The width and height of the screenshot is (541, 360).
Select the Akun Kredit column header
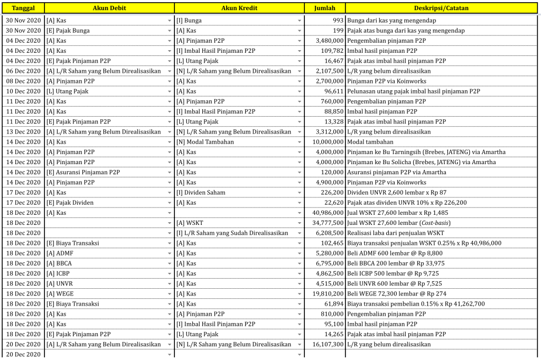click(239, 8)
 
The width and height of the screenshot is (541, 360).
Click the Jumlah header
click(324, 8)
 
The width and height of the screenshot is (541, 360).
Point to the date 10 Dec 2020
click(23, 91)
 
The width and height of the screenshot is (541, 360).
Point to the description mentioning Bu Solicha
click(422, 162)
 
